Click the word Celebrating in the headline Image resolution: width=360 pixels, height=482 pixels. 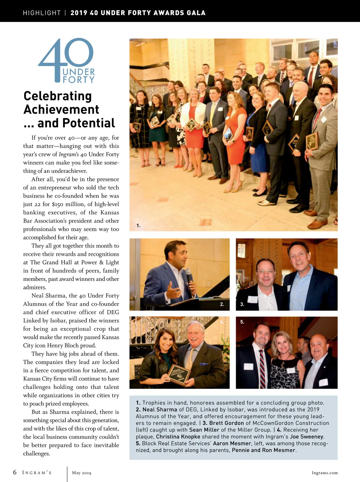tap(58, 96)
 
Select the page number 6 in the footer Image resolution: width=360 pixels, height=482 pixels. tap(15, 472)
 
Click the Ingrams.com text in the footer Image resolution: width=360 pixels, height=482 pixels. tap(325, 473)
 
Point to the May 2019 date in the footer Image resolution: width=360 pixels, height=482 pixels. tap(82, 473)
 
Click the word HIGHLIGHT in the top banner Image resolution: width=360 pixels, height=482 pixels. tap(42, 13)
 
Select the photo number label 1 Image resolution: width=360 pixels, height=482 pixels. tap(138, 225)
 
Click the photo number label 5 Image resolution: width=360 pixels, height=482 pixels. tap(242, 322)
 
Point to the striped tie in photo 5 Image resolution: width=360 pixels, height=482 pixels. tap(262, 369)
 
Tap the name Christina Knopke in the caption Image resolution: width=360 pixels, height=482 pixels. tap(178, 437)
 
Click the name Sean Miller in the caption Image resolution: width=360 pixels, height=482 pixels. tap(204, 430)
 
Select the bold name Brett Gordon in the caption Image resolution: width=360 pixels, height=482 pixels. tap(226, 423)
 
